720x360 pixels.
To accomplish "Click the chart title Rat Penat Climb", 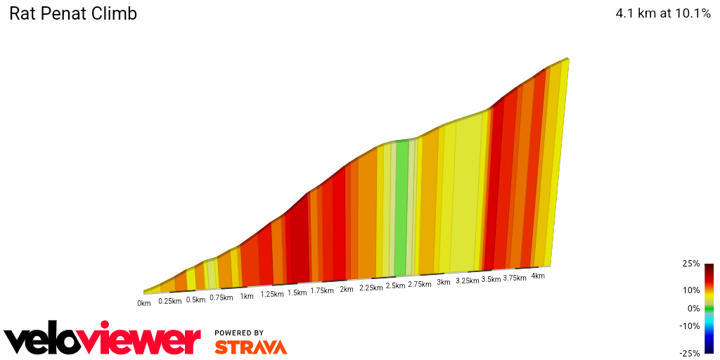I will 72,13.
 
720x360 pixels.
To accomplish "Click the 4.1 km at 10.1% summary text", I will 663,13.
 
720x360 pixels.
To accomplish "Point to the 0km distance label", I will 144,304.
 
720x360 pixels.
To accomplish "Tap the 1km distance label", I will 246,297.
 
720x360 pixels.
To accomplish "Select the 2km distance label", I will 346,290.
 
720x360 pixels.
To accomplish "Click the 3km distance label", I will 443,283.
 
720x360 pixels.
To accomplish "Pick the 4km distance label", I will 538,276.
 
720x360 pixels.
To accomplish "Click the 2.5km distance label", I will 396,286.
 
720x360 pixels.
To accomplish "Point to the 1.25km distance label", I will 272,295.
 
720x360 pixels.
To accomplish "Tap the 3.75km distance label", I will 515,278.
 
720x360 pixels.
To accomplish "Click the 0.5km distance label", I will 195,300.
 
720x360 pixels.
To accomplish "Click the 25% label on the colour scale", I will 692,264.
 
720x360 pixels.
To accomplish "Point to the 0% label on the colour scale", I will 694,308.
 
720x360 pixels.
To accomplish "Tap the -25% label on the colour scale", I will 690,353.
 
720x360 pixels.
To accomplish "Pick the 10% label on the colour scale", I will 692,290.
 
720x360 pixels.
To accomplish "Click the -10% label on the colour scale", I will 690,326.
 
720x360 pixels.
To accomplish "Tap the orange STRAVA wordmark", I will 250,347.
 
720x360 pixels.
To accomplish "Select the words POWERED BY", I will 239,333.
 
